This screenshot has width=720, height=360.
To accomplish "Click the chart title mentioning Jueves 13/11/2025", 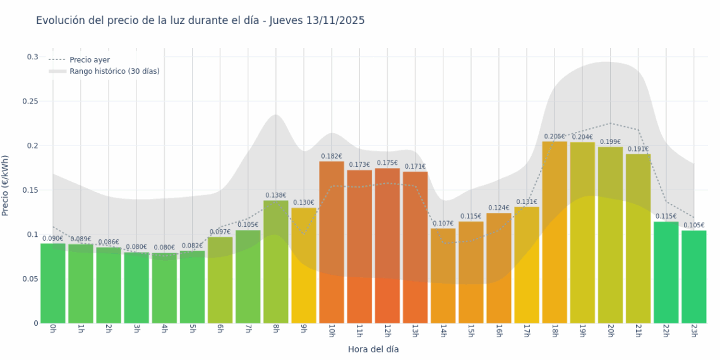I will (x=200, y=21).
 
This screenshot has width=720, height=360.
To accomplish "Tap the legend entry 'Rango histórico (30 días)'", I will (x=114, y=71).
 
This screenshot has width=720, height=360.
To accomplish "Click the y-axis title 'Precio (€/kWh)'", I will (x=6, y=186).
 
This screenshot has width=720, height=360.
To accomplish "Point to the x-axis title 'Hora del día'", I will (x=373, y=349).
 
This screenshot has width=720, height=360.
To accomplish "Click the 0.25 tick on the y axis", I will (x=31, y=102).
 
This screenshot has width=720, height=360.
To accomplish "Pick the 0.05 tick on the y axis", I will (x=31, y=279).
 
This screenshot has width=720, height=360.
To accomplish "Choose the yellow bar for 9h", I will (x=304, y=265).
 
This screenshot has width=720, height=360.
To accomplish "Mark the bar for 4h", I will (x=164, y=287).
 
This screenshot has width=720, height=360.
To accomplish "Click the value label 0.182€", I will (x=332, y=156).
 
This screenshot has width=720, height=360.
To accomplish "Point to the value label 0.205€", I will (x=555, y=136).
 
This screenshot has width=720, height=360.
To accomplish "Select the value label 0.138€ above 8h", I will (x=276, y=196).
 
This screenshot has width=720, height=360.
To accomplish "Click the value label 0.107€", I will (x=443, y=224).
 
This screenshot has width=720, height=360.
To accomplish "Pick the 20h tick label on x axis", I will (x=611, y=331).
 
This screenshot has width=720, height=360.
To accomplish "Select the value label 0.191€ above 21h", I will (x=638, y=149).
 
